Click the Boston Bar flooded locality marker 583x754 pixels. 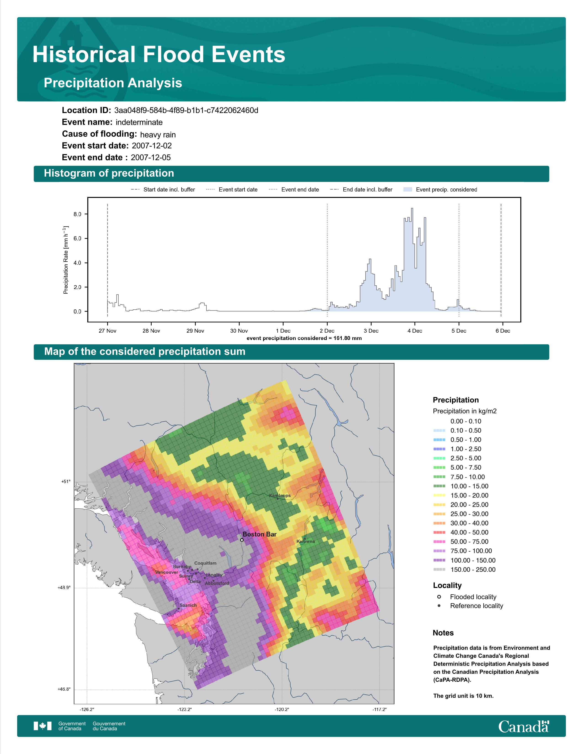[x=242, y=540]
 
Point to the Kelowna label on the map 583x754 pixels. [x=306, y=541]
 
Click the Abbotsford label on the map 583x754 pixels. [x=217, y=584]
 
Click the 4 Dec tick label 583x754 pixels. [x=415, y=331]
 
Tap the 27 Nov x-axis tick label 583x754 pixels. [x=107, y=331]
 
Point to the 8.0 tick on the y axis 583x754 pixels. [x=77, y=214]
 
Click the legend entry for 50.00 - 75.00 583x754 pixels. [x=461, y=542]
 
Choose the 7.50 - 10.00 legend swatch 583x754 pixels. [x=439, y=477]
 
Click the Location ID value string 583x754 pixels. [x=186, y=111]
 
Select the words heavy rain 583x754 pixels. [x=158, y=135]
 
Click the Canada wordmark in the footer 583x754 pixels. [x=524, y=727]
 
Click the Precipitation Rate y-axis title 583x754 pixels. [x=66, y=260]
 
